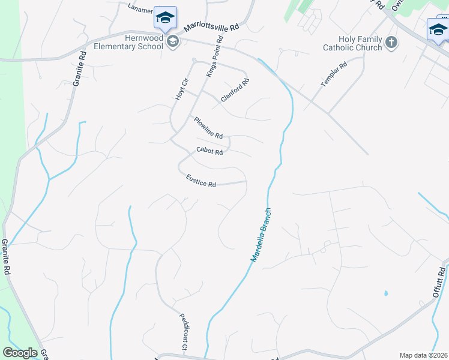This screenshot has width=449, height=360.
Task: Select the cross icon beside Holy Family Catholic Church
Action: point(391,42)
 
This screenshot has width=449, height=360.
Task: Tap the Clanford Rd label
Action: point(234,90)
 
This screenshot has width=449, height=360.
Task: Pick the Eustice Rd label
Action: point(200,181)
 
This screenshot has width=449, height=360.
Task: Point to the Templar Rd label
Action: point(334,74)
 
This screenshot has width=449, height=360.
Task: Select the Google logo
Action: point(20,353)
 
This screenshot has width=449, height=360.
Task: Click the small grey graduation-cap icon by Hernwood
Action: point(173,41)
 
